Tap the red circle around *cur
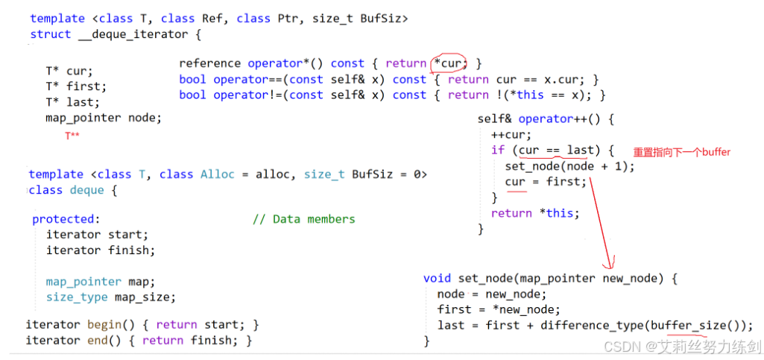coord(451,63)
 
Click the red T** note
coord(72,136)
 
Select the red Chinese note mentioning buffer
coord(681,152)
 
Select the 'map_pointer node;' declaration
coord(103,118)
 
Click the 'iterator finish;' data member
coord(101,250)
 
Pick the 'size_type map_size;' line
coord(110,297)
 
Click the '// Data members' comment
coord(303,219)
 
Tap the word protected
coord(64,219)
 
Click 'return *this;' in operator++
coord(535,213)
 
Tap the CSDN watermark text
coord(682,347)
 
